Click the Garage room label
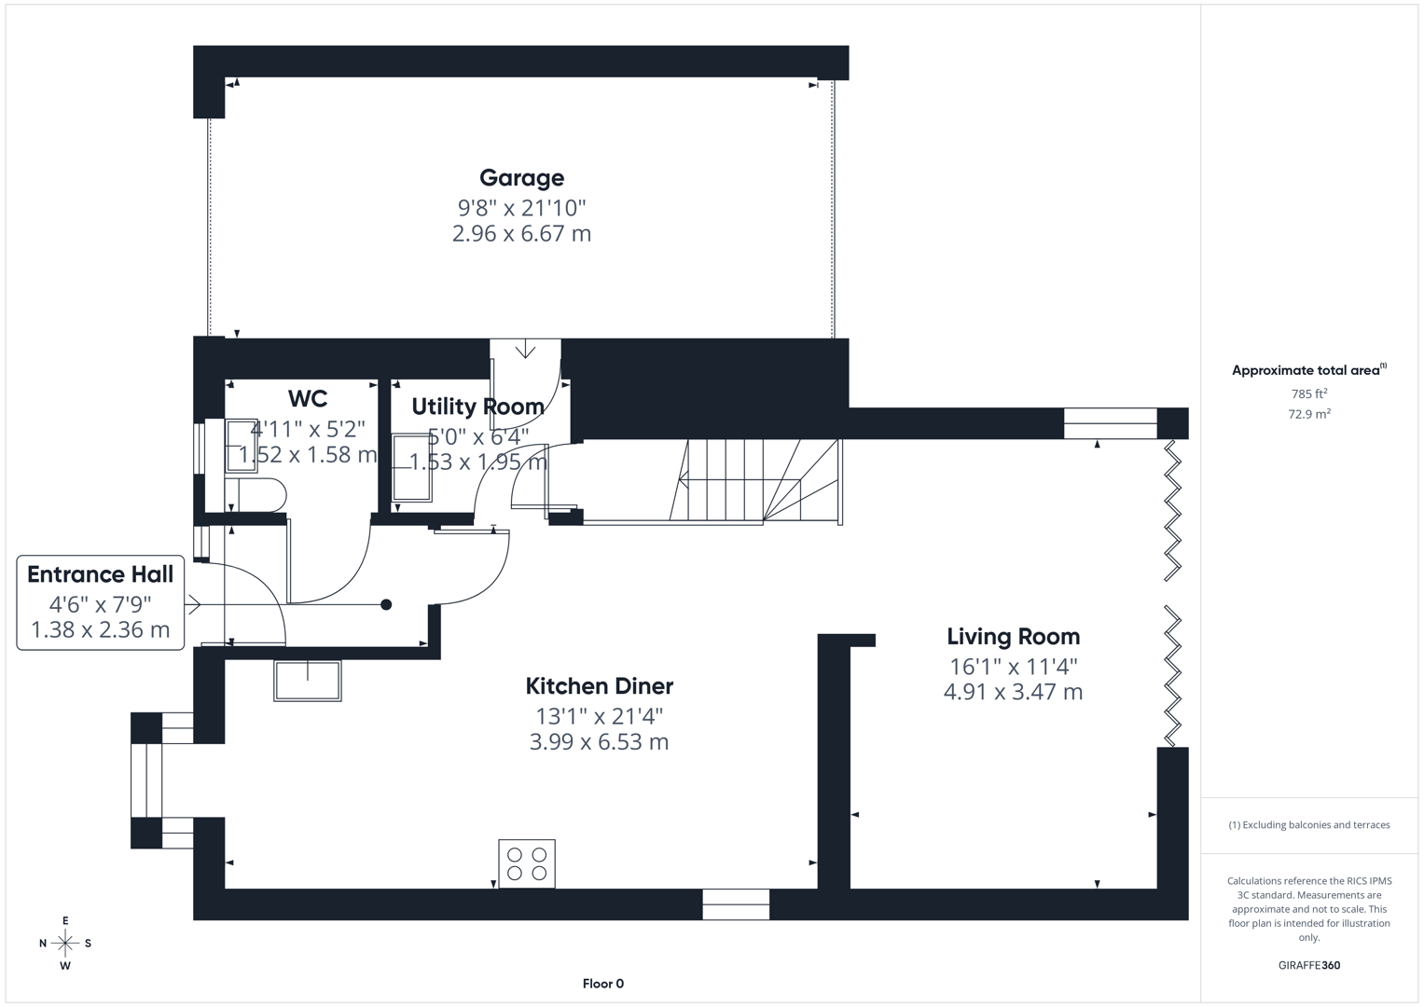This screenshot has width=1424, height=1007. point(521,177)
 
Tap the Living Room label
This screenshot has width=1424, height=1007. point(1013,637)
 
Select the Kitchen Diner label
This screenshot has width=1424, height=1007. point(599,686)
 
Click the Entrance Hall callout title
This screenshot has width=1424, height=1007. point(100,574)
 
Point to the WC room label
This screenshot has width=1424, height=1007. point(308,399)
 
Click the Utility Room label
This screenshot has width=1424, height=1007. point(477,407)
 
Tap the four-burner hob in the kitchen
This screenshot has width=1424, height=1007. point(527,863)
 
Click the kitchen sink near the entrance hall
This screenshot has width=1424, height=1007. point(308,680)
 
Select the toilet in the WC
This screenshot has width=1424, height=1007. point(256,495)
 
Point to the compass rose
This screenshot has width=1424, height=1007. point(65,944)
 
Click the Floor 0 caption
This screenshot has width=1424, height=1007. point(602,984)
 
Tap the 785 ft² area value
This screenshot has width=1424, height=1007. point(1309,394)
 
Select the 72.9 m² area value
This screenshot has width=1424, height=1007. point(1309,414)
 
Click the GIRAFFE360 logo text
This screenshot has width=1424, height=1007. point(1309,966)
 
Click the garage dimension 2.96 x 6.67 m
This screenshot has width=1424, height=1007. point(521,234)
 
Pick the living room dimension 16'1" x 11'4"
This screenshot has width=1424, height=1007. point(1013,667)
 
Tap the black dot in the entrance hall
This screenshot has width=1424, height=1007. point(386,605)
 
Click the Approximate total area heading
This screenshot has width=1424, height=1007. point(1307,370)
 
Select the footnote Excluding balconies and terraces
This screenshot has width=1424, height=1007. point(1309,825)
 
